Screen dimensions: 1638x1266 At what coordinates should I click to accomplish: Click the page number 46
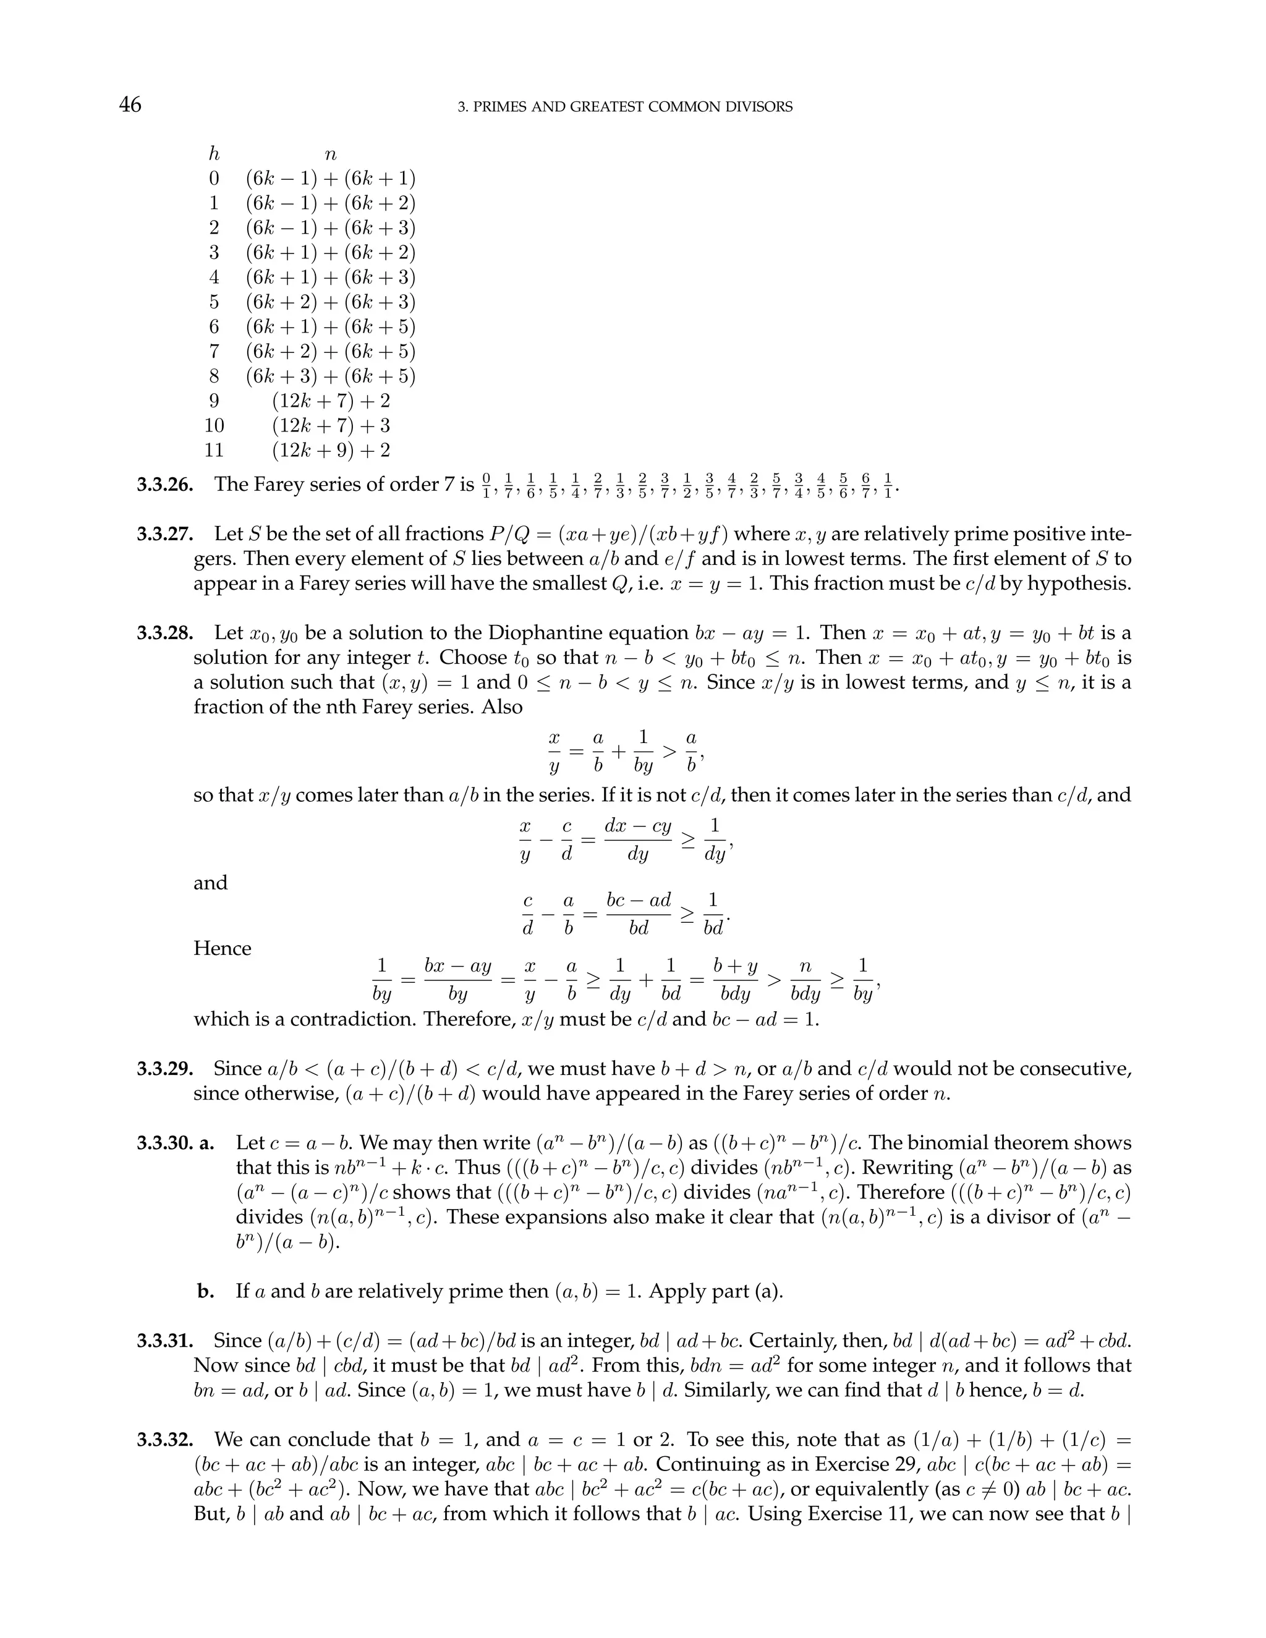130,104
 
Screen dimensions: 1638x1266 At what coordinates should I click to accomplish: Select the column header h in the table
214,155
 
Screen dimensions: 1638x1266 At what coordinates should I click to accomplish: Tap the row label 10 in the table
214,425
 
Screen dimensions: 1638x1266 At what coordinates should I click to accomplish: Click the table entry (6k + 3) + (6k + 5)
331,376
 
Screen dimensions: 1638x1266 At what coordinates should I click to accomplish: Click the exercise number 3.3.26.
164,485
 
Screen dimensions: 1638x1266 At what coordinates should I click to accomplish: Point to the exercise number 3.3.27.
164,534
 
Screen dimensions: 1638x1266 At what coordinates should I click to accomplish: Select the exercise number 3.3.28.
164,633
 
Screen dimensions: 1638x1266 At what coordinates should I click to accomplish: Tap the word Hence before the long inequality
222,948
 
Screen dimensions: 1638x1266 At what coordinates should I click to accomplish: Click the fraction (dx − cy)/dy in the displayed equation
637,840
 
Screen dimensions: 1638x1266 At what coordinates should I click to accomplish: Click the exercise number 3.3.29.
164,1069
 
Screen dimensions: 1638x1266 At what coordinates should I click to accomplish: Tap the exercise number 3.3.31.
164,1341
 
